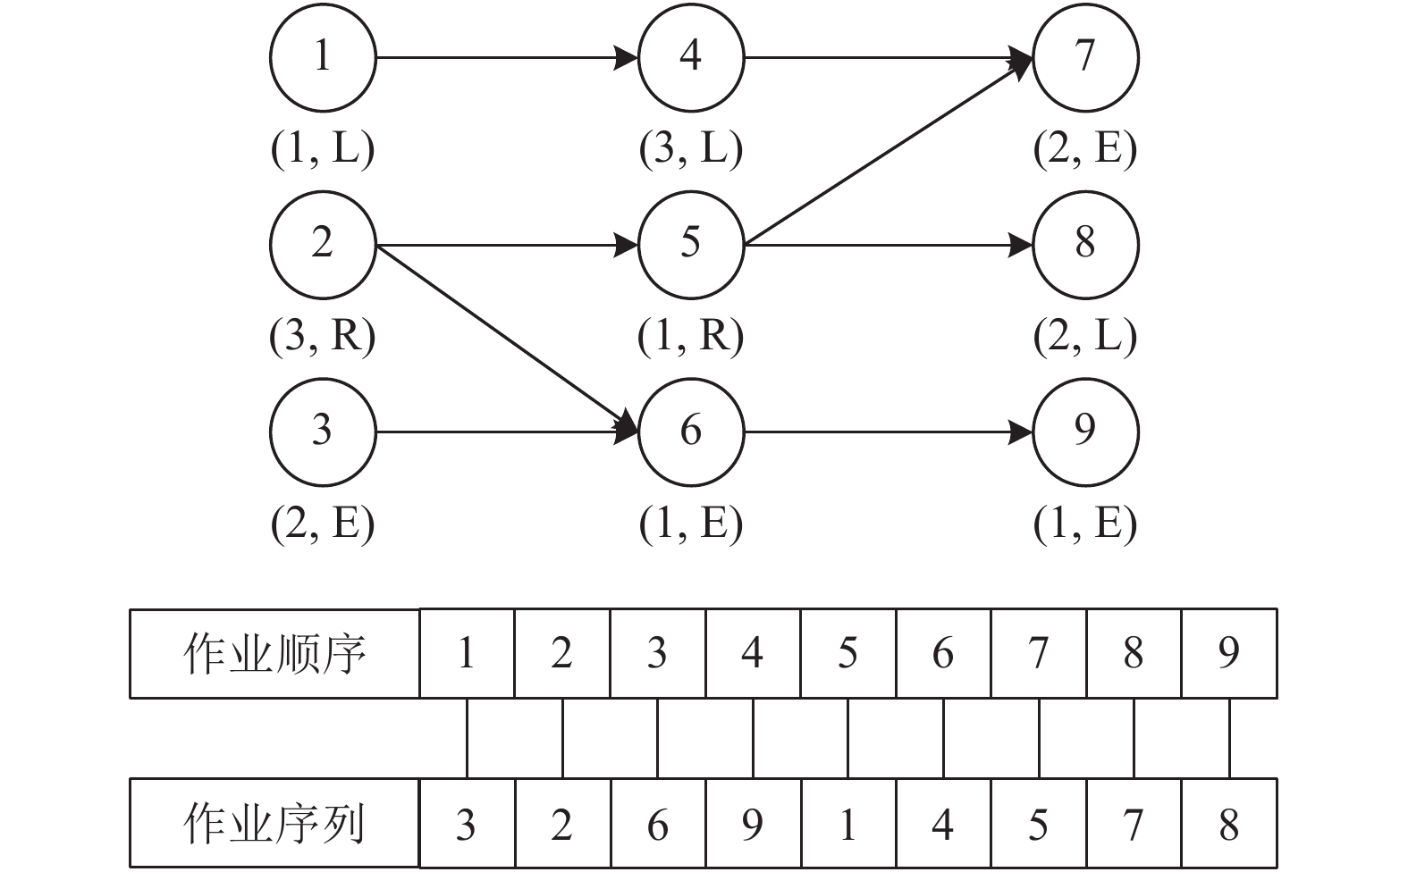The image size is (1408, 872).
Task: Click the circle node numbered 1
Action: click(323, 58)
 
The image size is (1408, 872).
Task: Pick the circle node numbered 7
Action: click(1085, 58)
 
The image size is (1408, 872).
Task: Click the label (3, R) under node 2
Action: click(323, 337)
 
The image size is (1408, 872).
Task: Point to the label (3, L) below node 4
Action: click(691, 149)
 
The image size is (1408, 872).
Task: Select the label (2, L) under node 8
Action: click(1085, 337)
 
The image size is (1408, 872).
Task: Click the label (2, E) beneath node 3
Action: click(323, 524)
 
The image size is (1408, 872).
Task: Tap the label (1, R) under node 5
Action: click(691, 337)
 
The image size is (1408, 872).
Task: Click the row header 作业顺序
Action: click(274, 653)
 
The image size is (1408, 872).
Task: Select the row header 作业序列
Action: click(274, 823)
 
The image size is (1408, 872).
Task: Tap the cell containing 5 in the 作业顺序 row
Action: click(847, 653)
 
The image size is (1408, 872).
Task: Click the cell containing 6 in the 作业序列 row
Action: click(657, 823)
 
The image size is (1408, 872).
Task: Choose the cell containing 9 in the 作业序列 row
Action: click(753, 823)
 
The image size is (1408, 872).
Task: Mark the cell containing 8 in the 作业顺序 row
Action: click(1134, 653)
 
